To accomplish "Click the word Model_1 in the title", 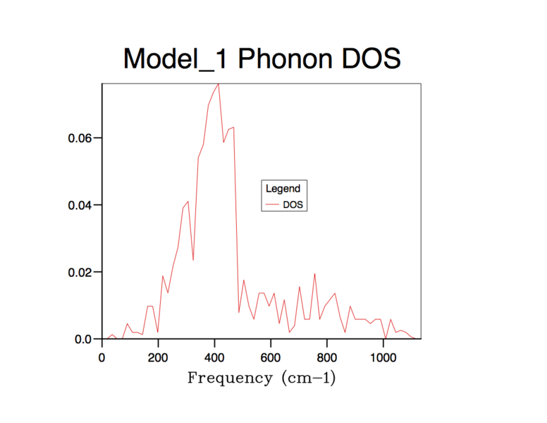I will click(176, 59).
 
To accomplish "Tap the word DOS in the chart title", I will click(371, 59).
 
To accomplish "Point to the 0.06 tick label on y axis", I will click(81, 138).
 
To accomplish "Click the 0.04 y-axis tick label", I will click(81, 205).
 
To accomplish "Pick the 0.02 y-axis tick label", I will click(81, 272).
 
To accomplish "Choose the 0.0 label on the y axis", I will click(84, 339).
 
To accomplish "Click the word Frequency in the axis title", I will click(229, 379).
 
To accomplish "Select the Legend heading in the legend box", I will click(283, 189).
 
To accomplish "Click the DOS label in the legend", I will click(295, 204).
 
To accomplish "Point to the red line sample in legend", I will click(272, 205).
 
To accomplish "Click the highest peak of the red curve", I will click(219, 84).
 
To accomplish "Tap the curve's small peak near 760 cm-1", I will click(314, 274).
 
